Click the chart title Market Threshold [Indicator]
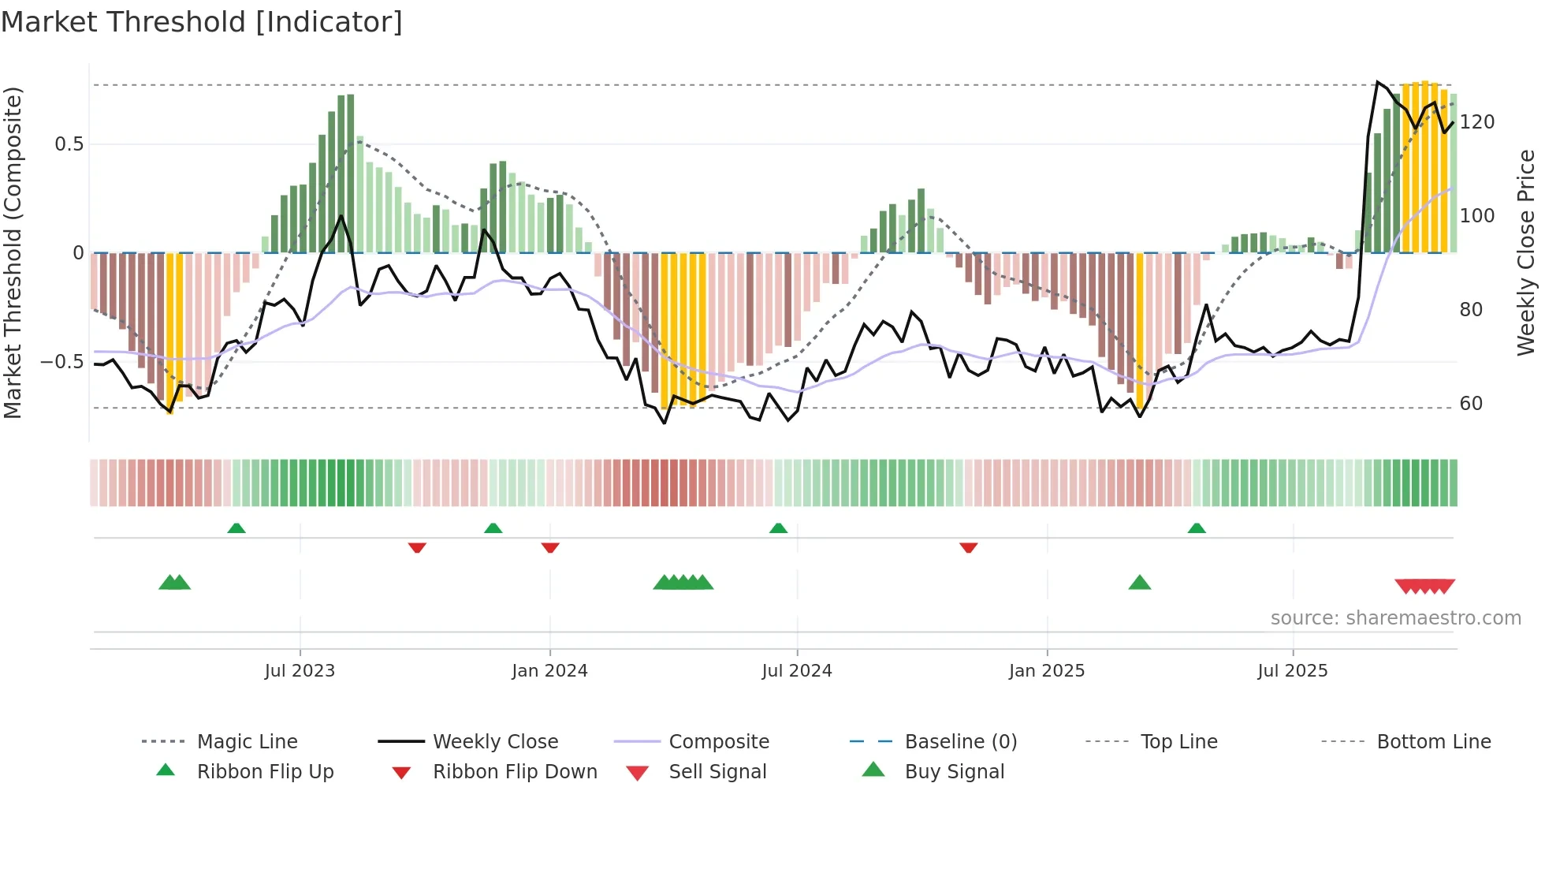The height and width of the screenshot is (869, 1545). click(202, 22)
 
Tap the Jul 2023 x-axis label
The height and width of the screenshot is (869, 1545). click(300, 671)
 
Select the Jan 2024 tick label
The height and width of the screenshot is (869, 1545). click(549, 671)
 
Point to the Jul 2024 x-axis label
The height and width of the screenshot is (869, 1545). click(796, 671)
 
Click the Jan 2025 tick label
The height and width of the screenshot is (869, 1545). click(1046, 671)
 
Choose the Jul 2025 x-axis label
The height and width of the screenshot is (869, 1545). click(1292, 671)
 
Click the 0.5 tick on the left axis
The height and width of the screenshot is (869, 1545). click(69, 144)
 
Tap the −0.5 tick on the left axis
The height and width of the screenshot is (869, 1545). click(61, 362)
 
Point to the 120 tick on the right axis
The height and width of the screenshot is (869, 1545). click(1476, 122)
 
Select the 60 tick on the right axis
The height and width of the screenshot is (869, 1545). click(1471, 404)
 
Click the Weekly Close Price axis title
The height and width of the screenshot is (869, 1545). click(1526, 252)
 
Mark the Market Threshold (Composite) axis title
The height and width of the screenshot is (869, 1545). click(13, 252)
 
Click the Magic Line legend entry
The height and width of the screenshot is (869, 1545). click(247, 742)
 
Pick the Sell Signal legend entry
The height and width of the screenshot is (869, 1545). click(717, 772)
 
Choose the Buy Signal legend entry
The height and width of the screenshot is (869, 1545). click(954, 772)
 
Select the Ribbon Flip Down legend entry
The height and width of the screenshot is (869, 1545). click(514, 772)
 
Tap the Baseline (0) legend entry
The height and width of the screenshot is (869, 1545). click(960, 742)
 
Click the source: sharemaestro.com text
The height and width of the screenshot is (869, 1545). click(1395, 618)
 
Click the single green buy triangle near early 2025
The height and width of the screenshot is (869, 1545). click(1139, 583)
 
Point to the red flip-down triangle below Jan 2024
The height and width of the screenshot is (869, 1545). click(550, 547)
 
